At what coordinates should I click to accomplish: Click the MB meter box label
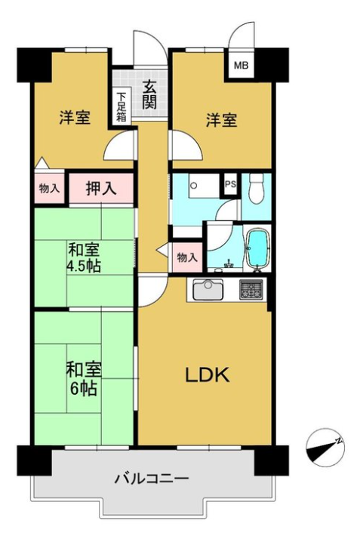[x=242, y=66]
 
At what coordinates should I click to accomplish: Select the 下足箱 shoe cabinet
[x=121, y=107]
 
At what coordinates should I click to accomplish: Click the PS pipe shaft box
[x=231, y=184]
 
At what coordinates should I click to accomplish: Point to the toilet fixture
[x=257, y=189]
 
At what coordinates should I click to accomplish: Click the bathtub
[x=257, y=248]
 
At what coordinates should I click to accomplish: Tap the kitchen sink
[x=208, y=289]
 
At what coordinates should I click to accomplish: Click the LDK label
[x=207, y=375]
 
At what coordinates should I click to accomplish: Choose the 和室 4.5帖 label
[x=84, y=257]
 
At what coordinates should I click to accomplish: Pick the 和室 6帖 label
[x=84, y=379]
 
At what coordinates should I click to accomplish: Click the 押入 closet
[x=101, y=188]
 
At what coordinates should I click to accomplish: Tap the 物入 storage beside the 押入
[x=50, y=188]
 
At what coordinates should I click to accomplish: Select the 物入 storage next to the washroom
[x=187, y=257]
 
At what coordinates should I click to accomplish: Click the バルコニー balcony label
[x=152, y=478]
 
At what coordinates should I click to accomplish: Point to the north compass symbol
[x=325, y=447]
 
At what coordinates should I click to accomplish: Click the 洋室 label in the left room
[x=75, y=118]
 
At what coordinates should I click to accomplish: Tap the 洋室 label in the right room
[x=222, y=120]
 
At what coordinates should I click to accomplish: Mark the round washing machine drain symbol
[x=194, y=186]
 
